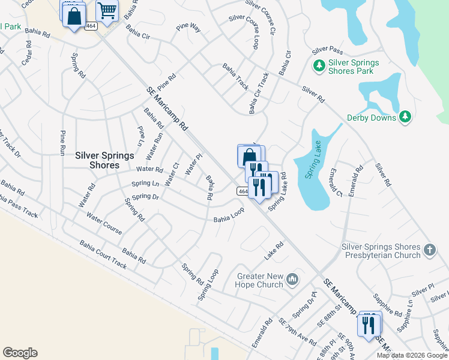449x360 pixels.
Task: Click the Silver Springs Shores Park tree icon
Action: pyautogui.click(x=318, y=64)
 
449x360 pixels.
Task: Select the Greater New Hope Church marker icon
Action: pyautogui.click(x=292, y=278)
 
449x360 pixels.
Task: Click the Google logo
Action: pyautogui.click(x=20, y=353)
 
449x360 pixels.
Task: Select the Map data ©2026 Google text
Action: pyautogui.click(x=412, y=355)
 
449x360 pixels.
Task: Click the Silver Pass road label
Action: pyautogui.click(x=327, y=49)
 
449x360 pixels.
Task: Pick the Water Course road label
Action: pyautogui.click(x=104, y=223)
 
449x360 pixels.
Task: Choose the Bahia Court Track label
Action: pyautogui.click(x=103, y=254)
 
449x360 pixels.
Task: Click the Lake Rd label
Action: pyautogui.click(x=274, y=252)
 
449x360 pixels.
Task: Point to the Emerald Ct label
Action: pyautogui.click(x=334, y=182)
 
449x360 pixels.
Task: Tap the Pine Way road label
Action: pyautogui.click(x=188, y=28)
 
